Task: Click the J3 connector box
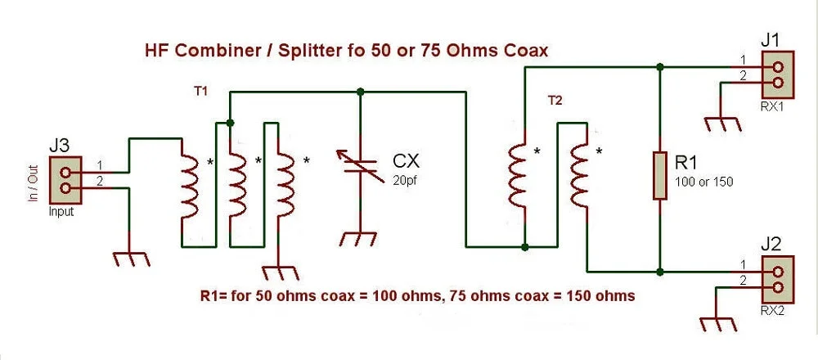[65, 180]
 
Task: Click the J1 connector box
[777, 74]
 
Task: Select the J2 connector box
[777, 279]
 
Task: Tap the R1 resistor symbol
[660, 176]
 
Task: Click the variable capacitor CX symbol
[360, 165]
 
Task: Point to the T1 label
[201, 92]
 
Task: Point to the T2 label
[555, 101]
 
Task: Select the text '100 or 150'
[703, 182]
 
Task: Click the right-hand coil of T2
[579, 175]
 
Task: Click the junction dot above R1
[660, 67]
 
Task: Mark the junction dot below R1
[660, 272]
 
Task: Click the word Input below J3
[61, 213]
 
